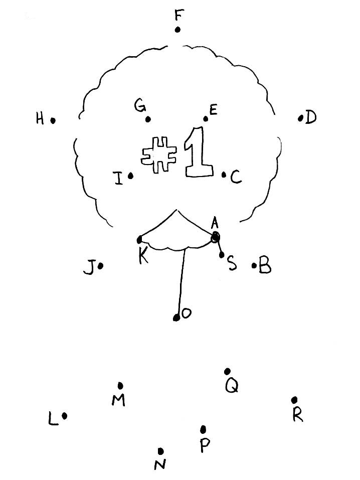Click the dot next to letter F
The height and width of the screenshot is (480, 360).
tap(177, 30)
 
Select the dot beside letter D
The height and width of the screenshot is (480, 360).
tap(300, 118)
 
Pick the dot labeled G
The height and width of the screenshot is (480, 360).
tap(148, 119)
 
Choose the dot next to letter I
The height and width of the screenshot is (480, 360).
tap(130, 176)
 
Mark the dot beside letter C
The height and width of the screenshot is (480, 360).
tap(224, 175)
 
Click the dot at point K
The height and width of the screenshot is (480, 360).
tap(139, 240)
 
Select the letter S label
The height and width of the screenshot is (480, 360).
tap(232, 263)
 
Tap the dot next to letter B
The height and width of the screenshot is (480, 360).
tap(254, 266)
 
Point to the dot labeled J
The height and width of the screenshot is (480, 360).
tap(100, 266)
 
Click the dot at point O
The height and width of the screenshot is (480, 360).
tap(176, 317)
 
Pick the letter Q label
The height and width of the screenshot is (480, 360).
tap(232, 386)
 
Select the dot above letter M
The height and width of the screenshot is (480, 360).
tap(120, 385)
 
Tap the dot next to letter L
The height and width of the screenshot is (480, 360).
tap(65, 416)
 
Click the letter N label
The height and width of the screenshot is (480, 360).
tap(160, 465)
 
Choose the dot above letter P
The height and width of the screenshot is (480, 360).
tap(203, 429)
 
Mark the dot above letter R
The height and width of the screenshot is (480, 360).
tap(294, 400)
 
